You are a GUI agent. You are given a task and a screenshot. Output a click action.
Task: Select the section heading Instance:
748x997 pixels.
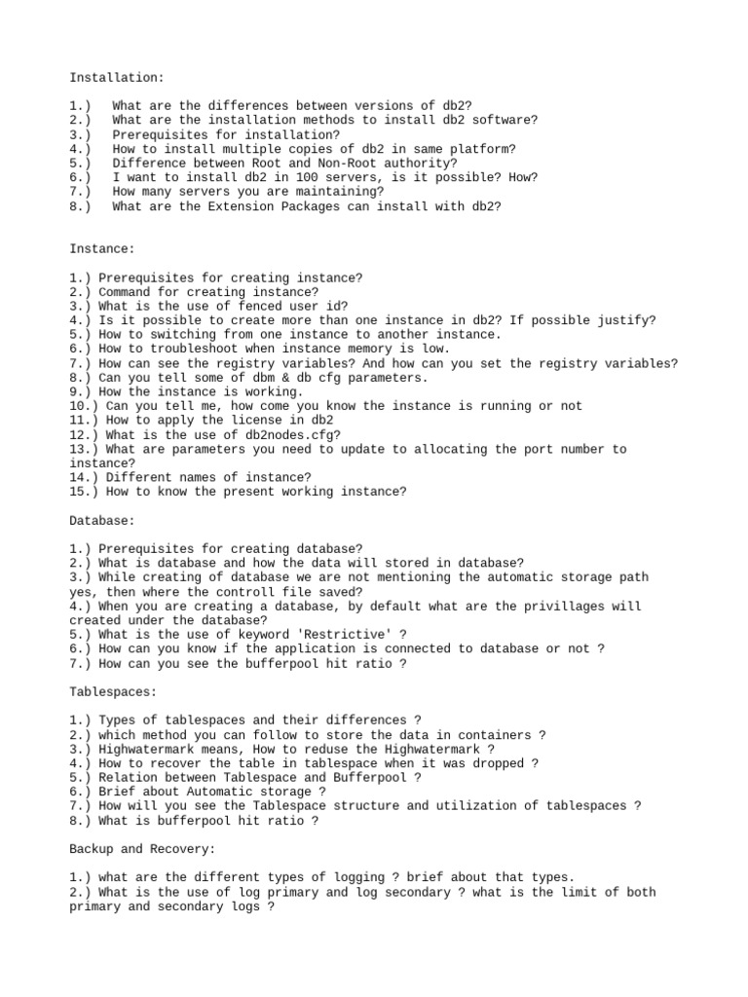102,249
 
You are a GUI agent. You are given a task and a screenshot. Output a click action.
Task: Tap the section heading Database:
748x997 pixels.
102,521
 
